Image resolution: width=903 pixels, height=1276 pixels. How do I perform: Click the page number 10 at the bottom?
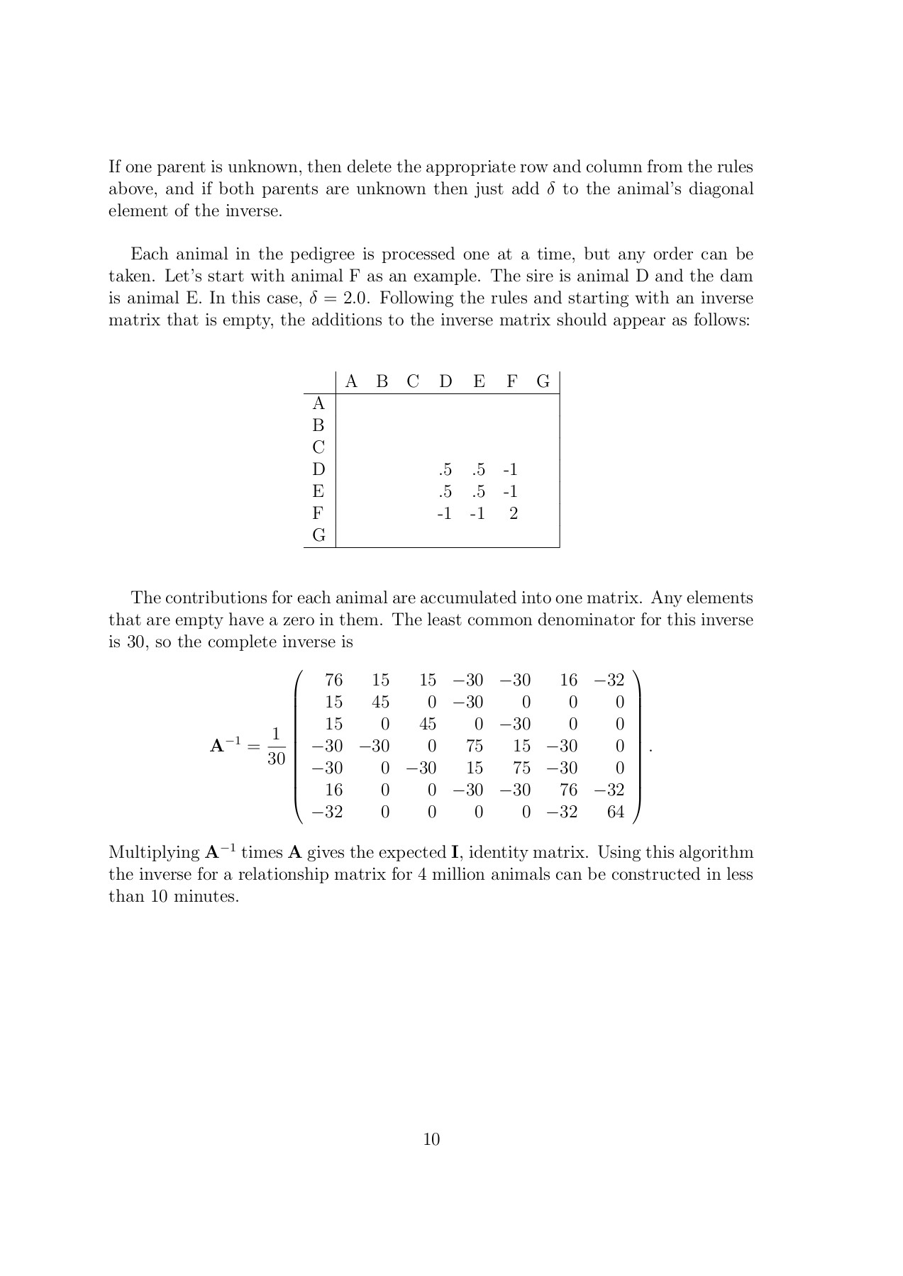[x=431, y=1139]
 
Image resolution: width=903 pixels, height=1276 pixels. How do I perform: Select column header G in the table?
[x=543, y=382]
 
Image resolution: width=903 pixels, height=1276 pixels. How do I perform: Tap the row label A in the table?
[x=318, y=404]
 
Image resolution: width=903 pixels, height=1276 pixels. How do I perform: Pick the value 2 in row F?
[x=514, y=513]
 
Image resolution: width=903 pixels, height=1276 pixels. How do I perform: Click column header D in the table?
[x=445, y=382]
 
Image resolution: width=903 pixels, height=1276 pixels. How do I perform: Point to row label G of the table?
[x=318, y=535]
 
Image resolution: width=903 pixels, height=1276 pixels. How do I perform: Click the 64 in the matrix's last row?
[x=615, y=812]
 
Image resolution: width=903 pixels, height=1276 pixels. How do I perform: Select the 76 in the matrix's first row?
[x=333, y=681]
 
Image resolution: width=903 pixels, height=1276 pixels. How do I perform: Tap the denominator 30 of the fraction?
[x=277, y=759]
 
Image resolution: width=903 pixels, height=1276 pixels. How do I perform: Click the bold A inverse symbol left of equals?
[x=226, y=745]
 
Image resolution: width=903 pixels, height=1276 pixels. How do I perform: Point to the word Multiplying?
[x=150, y=853]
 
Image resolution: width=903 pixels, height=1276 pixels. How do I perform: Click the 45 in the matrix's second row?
[x=380, y=703]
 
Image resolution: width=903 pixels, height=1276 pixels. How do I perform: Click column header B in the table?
[x=382, y=382]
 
